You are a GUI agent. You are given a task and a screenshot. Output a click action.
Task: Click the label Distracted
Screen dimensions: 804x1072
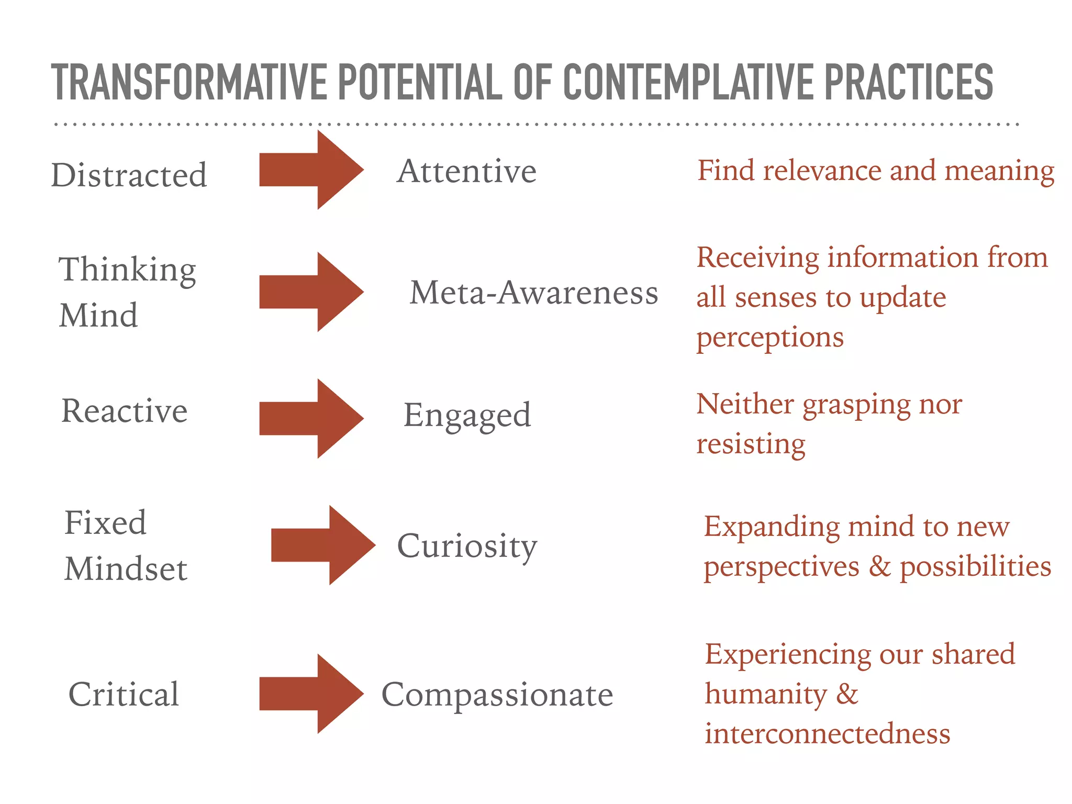tap(129, 175)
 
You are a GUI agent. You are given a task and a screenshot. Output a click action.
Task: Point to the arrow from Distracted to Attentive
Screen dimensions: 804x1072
tap(311, 170)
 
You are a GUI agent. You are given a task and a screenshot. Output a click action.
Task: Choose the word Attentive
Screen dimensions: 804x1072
tap(466, 171)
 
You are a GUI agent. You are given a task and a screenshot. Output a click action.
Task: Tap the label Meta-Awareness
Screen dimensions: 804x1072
tap(533, 293)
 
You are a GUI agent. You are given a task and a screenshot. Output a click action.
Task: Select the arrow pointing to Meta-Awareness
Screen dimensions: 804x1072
tap(311, 292)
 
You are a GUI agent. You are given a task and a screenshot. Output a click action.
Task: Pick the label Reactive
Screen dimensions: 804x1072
tap(125, 411)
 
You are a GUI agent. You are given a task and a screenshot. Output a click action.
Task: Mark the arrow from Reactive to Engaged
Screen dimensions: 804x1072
tap(311, 419)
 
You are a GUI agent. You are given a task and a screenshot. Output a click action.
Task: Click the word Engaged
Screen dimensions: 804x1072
tap(467, 416)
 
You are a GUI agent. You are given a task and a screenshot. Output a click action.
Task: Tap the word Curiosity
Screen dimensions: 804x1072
tap(467, 546)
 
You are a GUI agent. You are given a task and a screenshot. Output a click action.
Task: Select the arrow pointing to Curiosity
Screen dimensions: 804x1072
tap(322, 545)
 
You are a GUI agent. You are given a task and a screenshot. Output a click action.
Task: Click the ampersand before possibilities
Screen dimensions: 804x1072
tap(879, 567)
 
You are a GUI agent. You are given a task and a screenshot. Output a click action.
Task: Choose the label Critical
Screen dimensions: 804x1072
tap(124, 695)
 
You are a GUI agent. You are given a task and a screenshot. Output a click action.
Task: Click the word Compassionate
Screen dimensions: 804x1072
tap(497, 695)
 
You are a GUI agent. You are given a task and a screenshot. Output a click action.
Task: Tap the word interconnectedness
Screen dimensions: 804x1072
tap(827, 734)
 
